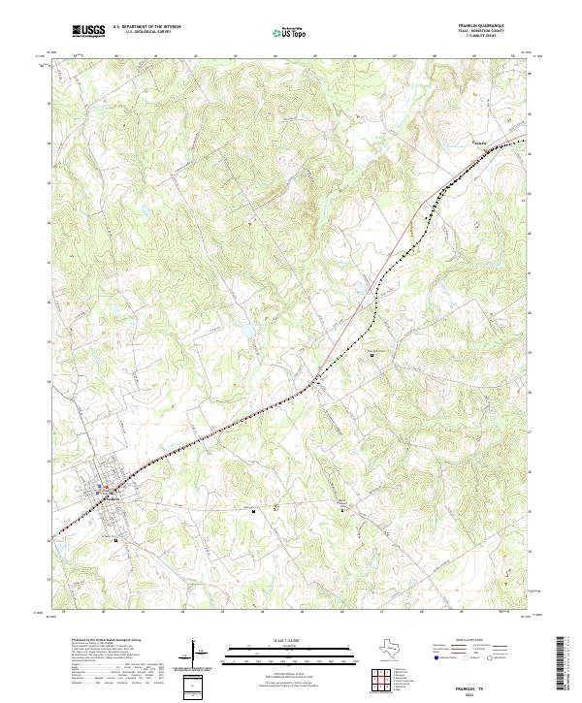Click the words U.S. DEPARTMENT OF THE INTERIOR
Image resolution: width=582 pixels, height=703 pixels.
click(x=146, y=28)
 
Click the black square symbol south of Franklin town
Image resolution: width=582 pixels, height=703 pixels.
click(x=116, y=539)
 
